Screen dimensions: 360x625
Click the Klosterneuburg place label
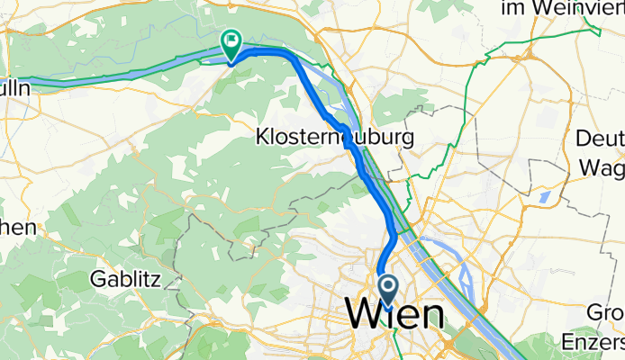click(334, 138)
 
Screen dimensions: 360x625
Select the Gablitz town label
click(125, 279)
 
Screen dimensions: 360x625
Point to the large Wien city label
click(394, 315)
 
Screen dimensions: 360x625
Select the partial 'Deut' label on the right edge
click(602, 139)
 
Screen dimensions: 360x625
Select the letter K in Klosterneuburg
click(262, 138)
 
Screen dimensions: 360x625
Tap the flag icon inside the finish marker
click(232, 40)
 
